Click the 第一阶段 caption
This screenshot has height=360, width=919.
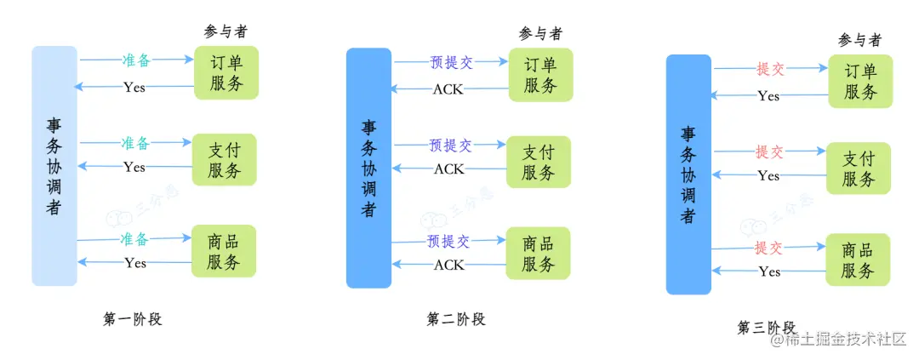pyautogui.click(x=132, y=320)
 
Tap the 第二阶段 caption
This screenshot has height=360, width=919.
pyautogui.click(x=456, y=320)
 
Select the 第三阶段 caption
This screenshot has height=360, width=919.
pyautogui.click(x=767, y=328)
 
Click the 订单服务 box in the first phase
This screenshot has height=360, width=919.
pyautogui.click(x=225, y=72)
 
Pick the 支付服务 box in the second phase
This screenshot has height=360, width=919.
pyautogui.click(x=539, y=162)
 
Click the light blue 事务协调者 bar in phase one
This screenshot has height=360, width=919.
pyautogui.click(x=54, y=166)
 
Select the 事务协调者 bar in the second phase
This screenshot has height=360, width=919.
pyautogui.click(x=368, y=168)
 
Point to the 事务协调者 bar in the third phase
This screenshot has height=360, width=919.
pyautogui.click(x=688, y=174)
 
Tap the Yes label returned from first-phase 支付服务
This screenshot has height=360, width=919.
pyautogui.click(x=134, y=167)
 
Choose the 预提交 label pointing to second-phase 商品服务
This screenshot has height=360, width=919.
pyautogui.click(x=448, y=242)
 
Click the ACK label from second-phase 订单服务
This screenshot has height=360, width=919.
pyautogui.click(x=448, y=89)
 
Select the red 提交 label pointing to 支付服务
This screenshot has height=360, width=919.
pyautogui.click(x=769, y=152)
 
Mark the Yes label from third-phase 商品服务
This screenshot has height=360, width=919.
pyautogui.click(x=769, y=271)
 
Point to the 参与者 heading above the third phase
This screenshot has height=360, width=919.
pyautogui.click(x=859, y=40)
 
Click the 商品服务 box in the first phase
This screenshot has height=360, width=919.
pyautogui.click(x=224, y=251)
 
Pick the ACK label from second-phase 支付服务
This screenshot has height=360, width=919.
pyautogui.click(x=449, y=169)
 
